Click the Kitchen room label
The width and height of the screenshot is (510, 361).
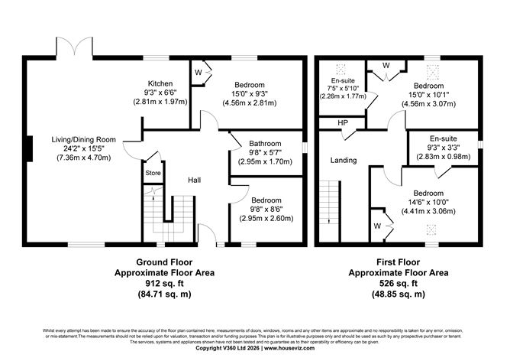pos(160,83)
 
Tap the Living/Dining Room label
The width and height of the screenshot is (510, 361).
pos(82,139)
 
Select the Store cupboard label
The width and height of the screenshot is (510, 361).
pos(152,174)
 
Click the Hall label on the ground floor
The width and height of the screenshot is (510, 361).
pos(196,180)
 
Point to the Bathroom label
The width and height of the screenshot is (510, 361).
pos(266,143)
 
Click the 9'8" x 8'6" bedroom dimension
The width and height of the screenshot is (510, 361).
pos(266,209)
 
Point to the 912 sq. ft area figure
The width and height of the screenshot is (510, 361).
pos(163,282)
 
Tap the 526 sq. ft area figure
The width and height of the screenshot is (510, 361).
pos(398,282)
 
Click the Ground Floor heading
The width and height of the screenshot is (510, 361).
pos(163,261)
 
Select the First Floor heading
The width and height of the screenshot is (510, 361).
pos(398,261)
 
